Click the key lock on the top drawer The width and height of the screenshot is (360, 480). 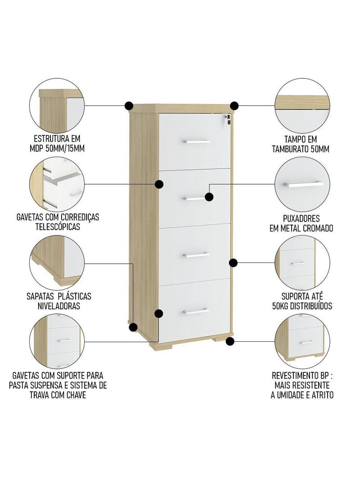227,119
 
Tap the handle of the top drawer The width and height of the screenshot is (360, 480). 196,142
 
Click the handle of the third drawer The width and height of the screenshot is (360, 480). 196,255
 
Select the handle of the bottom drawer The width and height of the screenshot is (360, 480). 196,311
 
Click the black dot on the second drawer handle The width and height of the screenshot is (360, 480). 209,197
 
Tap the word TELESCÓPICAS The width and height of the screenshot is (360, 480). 58,226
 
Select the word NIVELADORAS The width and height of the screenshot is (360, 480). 58,306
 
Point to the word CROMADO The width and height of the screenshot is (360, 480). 318,228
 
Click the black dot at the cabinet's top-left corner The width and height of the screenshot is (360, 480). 129,106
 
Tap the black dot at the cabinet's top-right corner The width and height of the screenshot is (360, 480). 234,106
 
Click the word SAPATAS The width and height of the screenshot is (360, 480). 40,296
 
